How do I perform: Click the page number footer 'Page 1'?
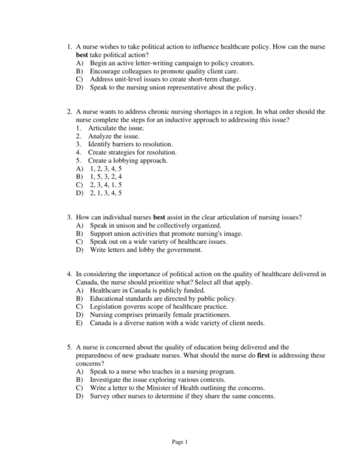[180, 442]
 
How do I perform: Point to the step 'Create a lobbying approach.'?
[128, 161]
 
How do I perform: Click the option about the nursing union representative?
[173, 87]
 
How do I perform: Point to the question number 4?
[70, 274]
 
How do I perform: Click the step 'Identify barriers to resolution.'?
[130, 145]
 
